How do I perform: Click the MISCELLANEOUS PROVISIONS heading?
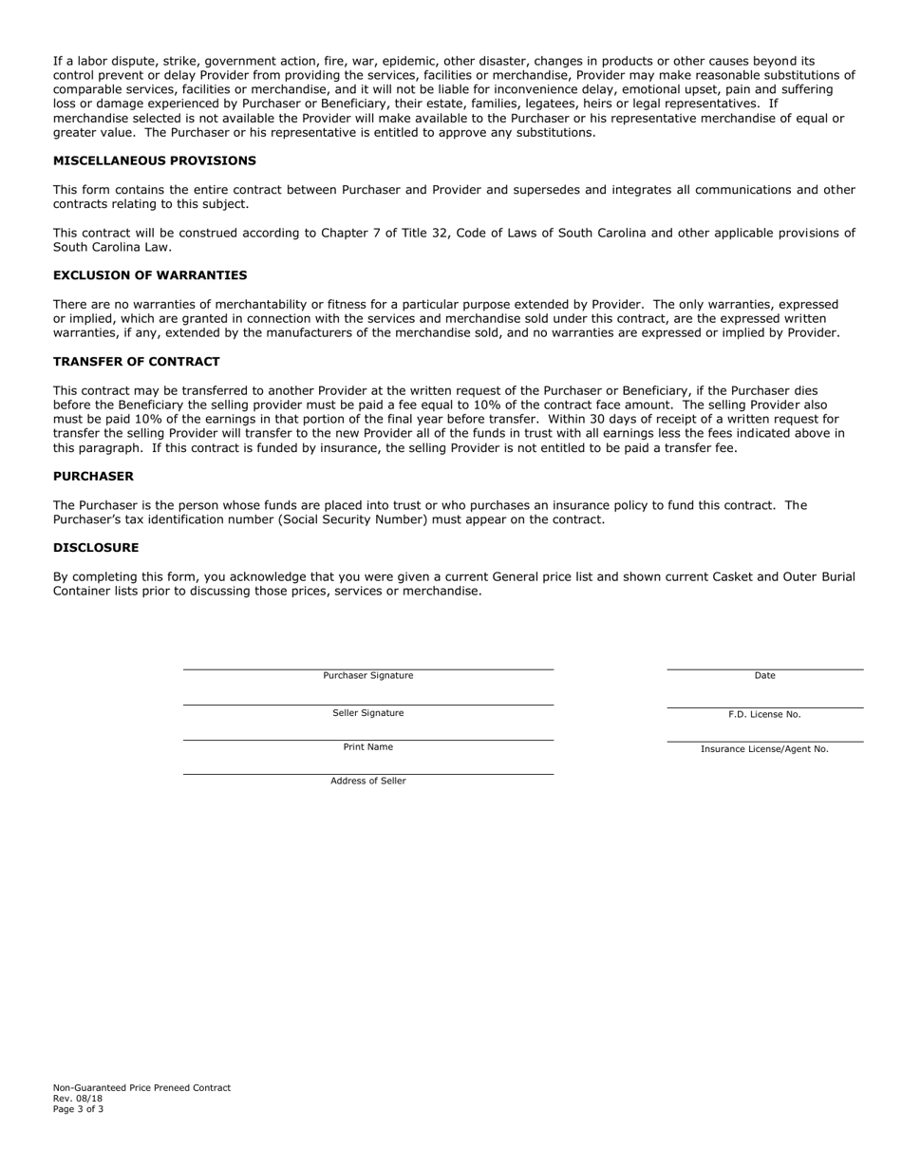[154, 160]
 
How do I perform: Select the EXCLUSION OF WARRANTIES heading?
[150, 275]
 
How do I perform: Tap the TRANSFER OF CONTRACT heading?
[136, 362]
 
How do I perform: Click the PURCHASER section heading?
[93, 476]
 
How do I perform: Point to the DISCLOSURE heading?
[96, 548]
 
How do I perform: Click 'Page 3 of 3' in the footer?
[79, 1109]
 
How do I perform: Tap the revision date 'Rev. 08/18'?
[78, 1099]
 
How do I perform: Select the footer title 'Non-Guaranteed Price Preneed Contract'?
[141, 1088]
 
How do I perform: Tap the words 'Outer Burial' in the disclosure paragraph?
[817, 576]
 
